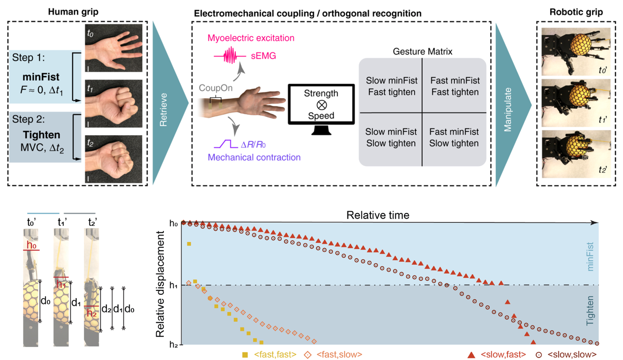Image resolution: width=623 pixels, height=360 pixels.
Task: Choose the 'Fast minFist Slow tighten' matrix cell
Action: coord(454,138)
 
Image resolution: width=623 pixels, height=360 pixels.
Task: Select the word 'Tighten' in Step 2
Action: coord(42,135)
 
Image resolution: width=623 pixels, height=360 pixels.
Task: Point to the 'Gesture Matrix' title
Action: coord(422,51)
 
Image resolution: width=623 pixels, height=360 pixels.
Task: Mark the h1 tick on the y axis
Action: coord(175,286)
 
